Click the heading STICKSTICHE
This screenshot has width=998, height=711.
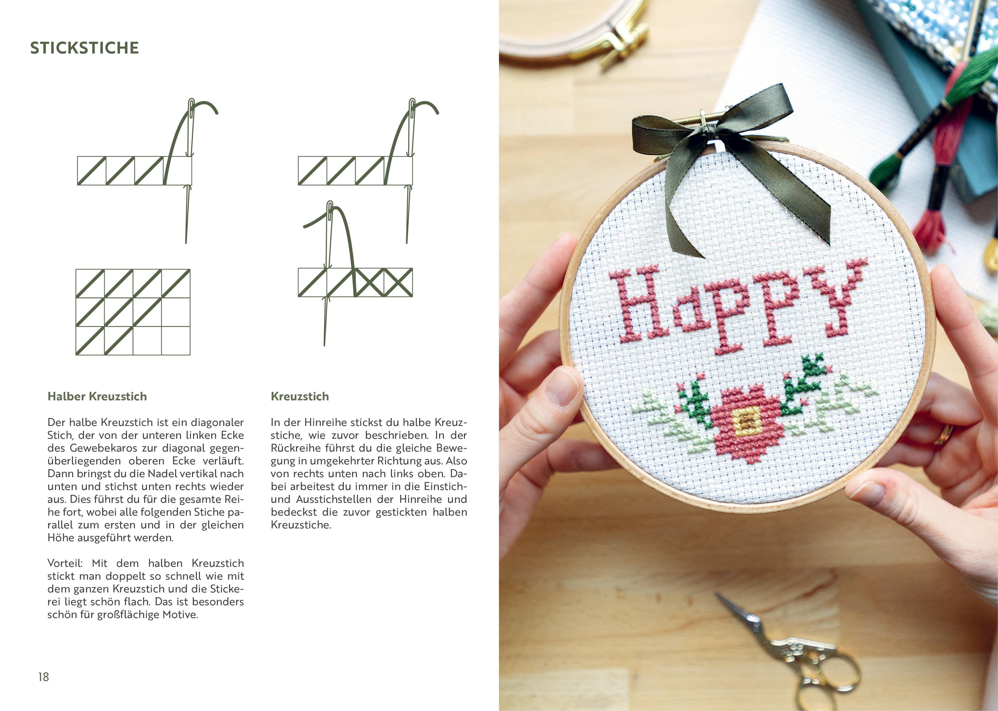[84, 48]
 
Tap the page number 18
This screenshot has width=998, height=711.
[43, 677]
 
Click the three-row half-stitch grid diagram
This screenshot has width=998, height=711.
[133, 312]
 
